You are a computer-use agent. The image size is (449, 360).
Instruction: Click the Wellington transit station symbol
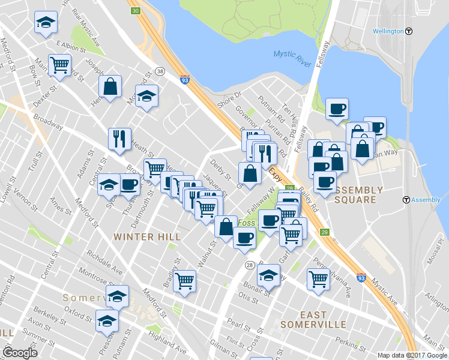click(409, 31)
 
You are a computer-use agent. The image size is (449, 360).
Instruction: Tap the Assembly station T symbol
click(406, 200)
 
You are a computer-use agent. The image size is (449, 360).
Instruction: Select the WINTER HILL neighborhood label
click(147, 237)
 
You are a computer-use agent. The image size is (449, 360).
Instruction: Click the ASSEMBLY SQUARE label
click(358, 194)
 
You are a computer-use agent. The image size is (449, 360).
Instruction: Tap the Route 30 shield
click(136, 11)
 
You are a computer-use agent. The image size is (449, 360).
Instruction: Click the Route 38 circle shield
click(160, 71)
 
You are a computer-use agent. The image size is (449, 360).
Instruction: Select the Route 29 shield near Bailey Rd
click(325, 232)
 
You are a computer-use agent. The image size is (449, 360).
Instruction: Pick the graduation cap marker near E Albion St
click(44, 23)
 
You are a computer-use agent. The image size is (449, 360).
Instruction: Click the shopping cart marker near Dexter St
click(60, 65)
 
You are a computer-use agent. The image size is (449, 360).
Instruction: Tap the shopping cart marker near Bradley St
click(185, 280)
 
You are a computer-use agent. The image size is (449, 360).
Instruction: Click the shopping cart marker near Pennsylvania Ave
click(318, 278)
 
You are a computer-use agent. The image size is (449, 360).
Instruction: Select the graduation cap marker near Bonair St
click(268, 276)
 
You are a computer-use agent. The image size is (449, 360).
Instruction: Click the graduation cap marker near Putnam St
click(108, 320)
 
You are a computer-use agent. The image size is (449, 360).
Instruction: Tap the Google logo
click(20, 353)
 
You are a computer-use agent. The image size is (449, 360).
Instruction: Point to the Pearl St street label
click(238, 328)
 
